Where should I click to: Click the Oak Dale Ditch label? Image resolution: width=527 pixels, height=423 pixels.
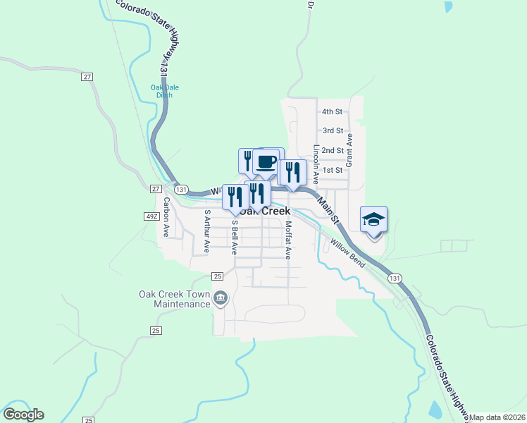pyautogui.click(x=165, y=91)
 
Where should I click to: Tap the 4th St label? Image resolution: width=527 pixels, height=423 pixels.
pyautogui.click(x=332, y=111)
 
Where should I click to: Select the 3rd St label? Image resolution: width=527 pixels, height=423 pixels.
pyautogui.click(x=333, y=130)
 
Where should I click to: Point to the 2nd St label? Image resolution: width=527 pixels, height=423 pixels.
pyautogui.click(x=332, y=150)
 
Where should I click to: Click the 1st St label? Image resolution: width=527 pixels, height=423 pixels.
pyautogui.click(x=332, y=170)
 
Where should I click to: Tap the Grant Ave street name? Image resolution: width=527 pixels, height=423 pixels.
pyautogui.click(x=348, y=149)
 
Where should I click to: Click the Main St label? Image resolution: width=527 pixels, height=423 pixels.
pyautogui.click(x=328, y=209)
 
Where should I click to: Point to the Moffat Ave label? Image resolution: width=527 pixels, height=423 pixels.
pyautogui.click(x=288, y=240)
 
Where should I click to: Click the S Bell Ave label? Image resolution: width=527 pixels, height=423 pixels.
pyautogui.click(x=235, y=236)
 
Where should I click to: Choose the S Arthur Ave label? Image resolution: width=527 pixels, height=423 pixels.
pyautogui.click(x=206, y=231)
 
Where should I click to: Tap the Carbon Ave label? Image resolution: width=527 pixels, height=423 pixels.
pyautogui.click(x=167, y=216)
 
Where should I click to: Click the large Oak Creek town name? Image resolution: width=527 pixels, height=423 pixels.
pyautogui.click(x=265, y=211)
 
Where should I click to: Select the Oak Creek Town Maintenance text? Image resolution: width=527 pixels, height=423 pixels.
pyautogui.click(x=174, y=299)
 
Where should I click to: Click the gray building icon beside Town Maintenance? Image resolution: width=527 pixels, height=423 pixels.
pyautogui.click(x=221, y=299)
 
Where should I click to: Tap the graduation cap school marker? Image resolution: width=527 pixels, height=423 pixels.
pyautogui.click(x=374, y=219)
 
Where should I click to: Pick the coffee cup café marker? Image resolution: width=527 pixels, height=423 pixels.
pyautogui.click(x=266, y=162)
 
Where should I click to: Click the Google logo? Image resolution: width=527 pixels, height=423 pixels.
pyautogui.click(x=23, y=415)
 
